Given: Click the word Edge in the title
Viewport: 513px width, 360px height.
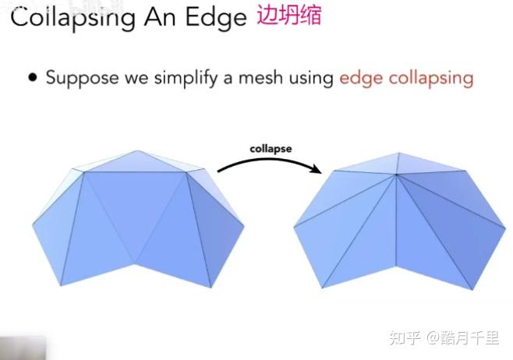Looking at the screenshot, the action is coord(216,17).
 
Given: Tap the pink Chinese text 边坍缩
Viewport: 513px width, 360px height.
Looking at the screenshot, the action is coord(289,15).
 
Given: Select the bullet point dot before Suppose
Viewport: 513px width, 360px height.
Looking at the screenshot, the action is coord(33,77).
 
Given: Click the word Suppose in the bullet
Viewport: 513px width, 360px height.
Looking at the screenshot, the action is coord(83,79).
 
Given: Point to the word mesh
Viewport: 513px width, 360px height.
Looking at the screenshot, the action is coord(260,77).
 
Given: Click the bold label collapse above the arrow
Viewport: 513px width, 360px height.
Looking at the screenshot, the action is coord(271,149).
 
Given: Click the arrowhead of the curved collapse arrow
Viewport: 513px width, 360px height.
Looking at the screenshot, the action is coord(317,168).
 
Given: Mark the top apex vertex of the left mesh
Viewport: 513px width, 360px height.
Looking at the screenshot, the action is coord(137,151).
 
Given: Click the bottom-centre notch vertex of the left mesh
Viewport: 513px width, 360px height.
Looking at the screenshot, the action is coord(135,262).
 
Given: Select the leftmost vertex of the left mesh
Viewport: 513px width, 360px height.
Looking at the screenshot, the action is coord(33,224).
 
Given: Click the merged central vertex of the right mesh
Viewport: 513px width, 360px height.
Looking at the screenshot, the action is coord(396,175).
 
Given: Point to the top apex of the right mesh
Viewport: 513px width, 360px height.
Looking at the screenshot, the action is coord(399,153).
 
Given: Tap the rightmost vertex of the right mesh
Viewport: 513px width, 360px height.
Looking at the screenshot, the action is coord(505,227).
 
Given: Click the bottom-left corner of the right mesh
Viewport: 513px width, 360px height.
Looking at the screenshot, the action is coord(322,288).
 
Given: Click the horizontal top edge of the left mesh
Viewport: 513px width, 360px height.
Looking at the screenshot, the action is coord(135,172).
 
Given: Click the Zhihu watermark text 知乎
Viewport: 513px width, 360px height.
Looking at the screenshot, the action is coord(405,337).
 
